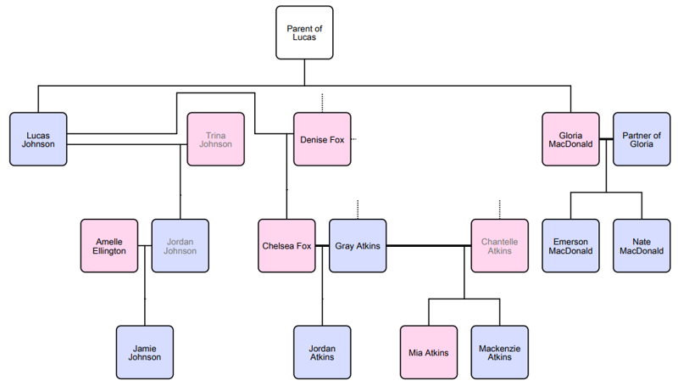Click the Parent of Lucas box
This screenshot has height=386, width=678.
[x=304, y=33]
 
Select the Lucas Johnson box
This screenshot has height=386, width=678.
[x=38, y=139]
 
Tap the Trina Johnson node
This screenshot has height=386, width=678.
[x=215, y=139]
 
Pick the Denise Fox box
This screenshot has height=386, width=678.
[x=322, y=139]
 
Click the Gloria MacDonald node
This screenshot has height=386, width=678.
[x=570, y=139]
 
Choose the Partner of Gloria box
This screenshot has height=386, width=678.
[x=642, y=139]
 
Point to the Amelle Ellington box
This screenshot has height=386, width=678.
[x=109, y=246]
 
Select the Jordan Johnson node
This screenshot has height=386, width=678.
[x=180, y=246]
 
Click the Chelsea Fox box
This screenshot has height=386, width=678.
[x=286, y=246]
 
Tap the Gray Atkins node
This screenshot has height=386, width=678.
[x=358, y=246]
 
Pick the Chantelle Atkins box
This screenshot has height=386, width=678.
[x=499, y=246]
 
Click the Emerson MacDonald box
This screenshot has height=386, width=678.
[x=570, y=246]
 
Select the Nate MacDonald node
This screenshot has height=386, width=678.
[x=642, y=246]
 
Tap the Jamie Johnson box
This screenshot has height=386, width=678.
[x=144, y=352]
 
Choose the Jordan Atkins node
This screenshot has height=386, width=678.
[x=322, y=352]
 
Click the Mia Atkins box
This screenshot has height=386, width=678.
[x=428, y=352]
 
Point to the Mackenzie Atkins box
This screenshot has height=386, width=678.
[x=499, y=352]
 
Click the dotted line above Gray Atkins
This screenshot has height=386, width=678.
[x=358, y=209]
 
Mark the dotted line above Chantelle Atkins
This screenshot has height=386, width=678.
[x=499, y=209]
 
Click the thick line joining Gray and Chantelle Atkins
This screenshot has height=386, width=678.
[x=428, y=246]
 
